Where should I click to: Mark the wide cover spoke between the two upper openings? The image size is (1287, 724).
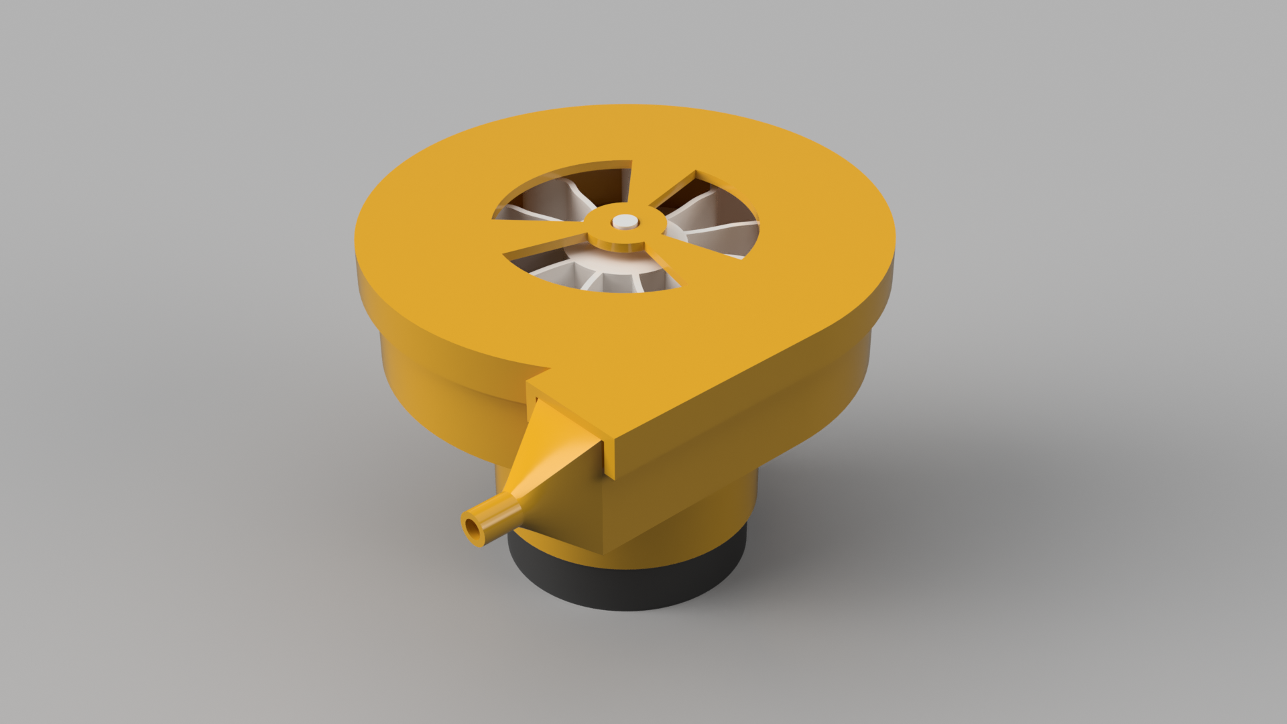(x=660, y=181)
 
